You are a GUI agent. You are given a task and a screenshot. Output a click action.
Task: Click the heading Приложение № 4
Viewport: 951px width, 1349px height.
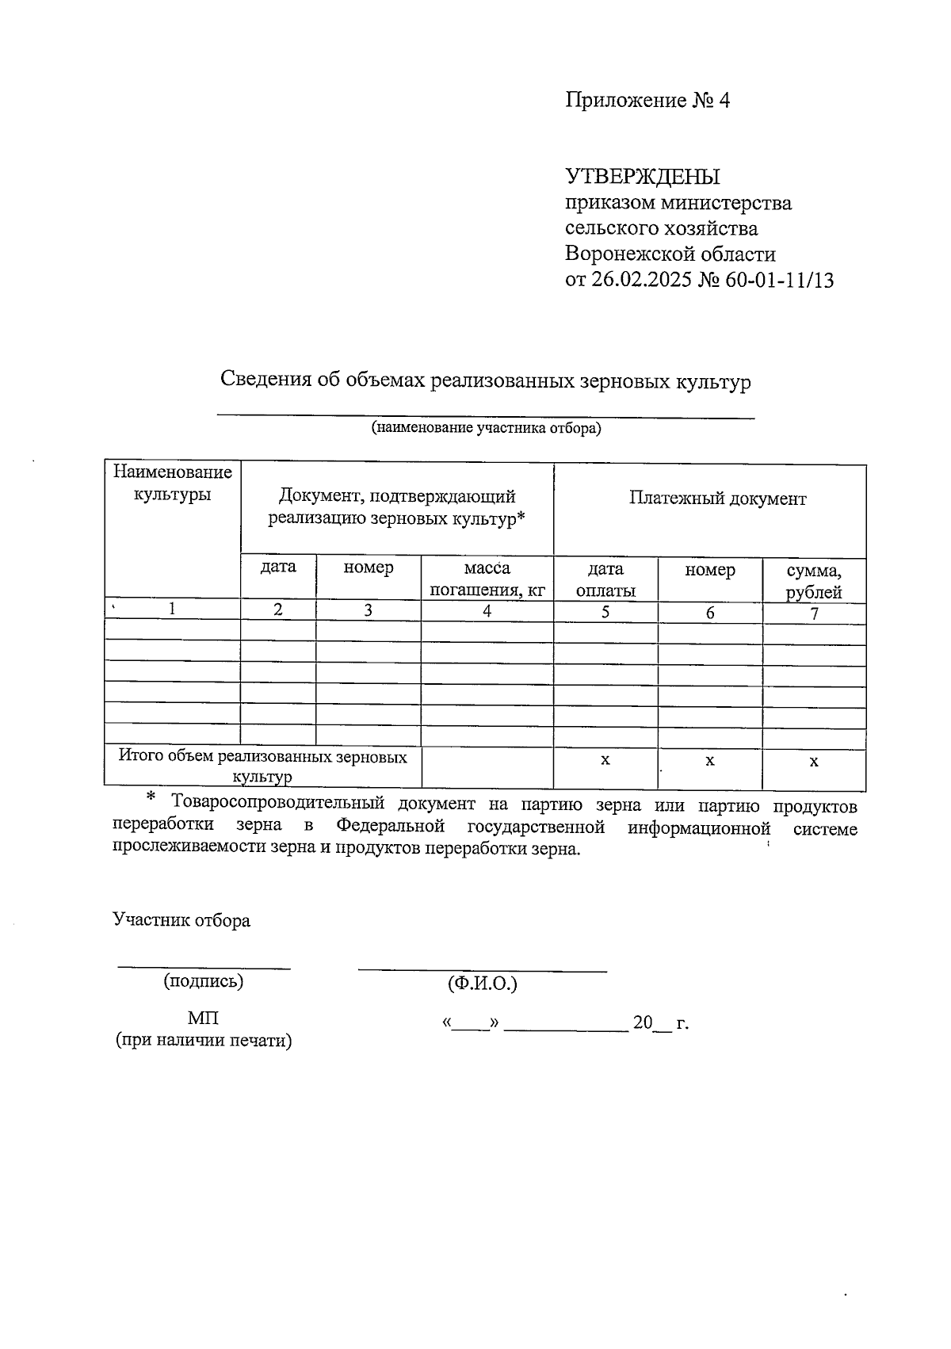click(647, 101)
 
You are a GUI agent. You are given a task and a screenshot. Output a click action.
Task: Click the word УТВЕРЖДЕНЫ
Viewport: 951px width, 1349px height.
click(643, 176)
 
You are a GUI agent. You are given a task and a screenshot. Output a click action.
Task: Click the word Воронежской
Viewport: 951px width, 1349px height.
click(629, 254)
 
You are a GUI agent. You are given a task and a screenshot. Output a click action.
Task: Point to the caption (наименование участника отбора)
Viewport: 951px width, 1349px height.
click(487, 429)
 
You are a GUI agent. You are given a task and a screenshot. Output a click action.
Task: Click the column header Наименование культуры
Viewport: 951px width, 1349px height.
click(173, 483)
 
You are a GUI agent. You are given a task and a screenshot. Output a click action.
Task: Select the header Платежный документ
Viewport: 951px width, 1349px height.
click(717, 499)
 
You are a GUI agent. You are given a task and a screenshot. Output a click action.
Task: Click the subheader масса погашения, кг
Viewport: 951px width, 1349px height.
click(487, 579)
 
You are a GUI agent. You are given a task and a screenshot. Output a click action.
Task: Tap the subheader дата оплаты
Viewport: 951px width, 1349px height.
click(605, 579)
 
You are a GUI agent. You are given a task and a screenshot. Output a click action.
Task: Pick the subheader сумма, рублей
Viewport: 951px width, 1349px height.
click(814, 582)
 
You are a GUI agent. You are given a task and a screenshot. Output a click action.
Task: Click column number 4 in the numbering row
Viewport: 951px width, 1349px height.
click(487, 611)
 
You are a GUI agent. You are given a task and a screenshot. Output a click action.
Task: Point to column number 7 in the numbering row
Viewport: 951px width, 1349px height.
click(814, 613)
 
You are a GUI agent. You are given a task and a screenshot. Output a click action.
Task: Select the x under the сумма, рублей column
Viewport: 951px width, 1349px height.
click(814, 762)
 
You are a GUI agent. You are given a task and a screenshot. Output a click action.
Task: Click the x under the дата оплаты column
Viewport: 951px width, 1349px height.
click(605, 760)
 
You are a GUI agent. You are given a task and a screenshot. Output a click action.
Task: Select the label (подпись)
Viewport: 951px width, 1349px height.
click(203, 981)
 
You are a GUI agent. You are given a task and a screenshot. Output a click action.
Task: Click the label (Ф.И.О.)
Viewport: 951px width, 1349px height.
click(482, 984)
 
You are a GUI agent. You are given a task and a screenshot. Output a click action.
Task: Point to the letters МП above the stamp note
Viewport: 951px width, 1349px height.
click(203, 1018)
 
